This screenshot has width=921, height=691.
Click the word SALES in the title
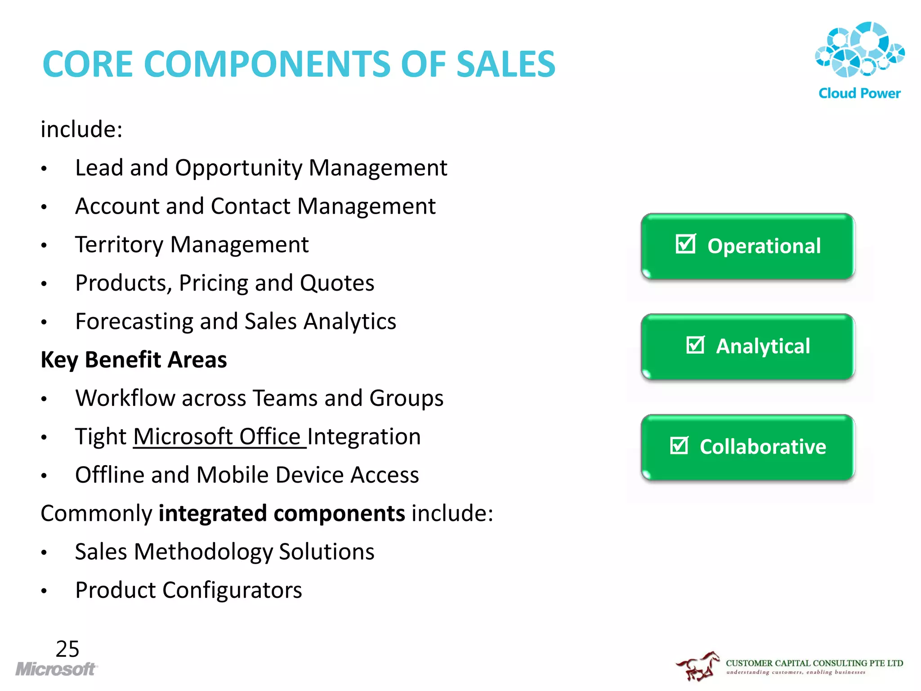505,64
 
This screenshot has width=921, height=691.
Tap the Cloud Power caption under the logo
859,94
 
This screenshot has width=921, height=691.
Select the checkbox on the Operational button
686,244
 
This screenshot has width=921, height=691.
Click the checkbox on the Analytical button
695,345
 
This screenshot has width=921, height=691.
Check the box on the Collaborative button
679,445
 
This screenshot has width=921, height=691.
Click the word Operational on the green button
764,246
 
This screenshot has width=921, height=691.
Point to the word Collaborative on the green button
763,447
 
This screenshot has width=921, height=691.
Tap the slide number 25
67,649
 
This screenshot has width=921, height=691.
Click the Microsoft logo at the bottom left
56,669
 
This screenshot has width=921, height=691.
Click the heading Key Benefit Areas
134,360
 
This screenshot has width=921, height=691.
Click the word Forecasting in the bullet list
134,322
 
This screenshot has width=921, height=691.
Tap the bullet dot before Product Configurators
44,591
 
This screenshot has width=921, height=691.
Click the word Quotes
337,283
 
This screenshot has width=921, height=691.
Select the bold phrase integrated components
282,513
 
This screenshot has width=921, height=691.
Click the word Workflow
125,399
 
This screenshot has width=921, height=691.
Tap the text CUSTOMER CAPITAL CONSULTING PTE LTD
814,663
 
